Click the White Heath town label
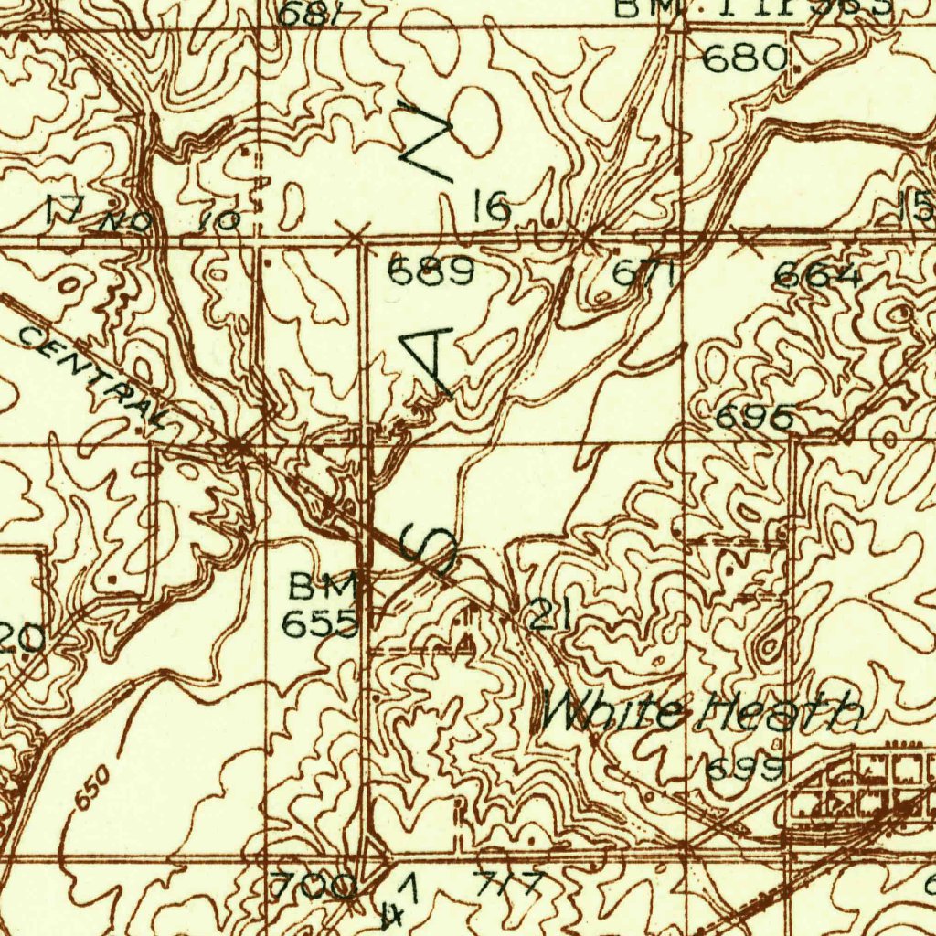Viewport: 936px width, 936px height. [x=702, y=711]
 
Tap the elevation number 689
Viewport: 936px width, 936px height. [x=432, y=271]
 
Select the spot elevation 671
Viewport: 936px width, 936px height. [x=644, y=273]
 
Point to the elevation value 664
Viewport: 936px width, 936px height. [x=817, y=276]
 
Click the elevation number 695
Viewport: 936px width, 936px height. [x=754, y=418]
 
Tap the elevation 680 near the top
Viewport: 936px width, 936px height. [x=746, y=59]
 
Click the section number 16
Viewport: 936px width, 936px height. [x=492, y=208]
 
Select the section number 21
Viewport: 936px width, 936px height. [x=549, y=616]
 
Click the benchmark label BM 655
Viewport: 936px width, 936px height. [x=320, y=605]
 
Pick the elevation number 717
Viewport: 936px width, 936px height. [x=508, y=885]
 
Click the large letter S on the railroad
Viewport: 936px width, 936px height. [x=429, y=550]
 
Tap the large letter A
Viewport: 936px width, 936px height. [x=430, y=361]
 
